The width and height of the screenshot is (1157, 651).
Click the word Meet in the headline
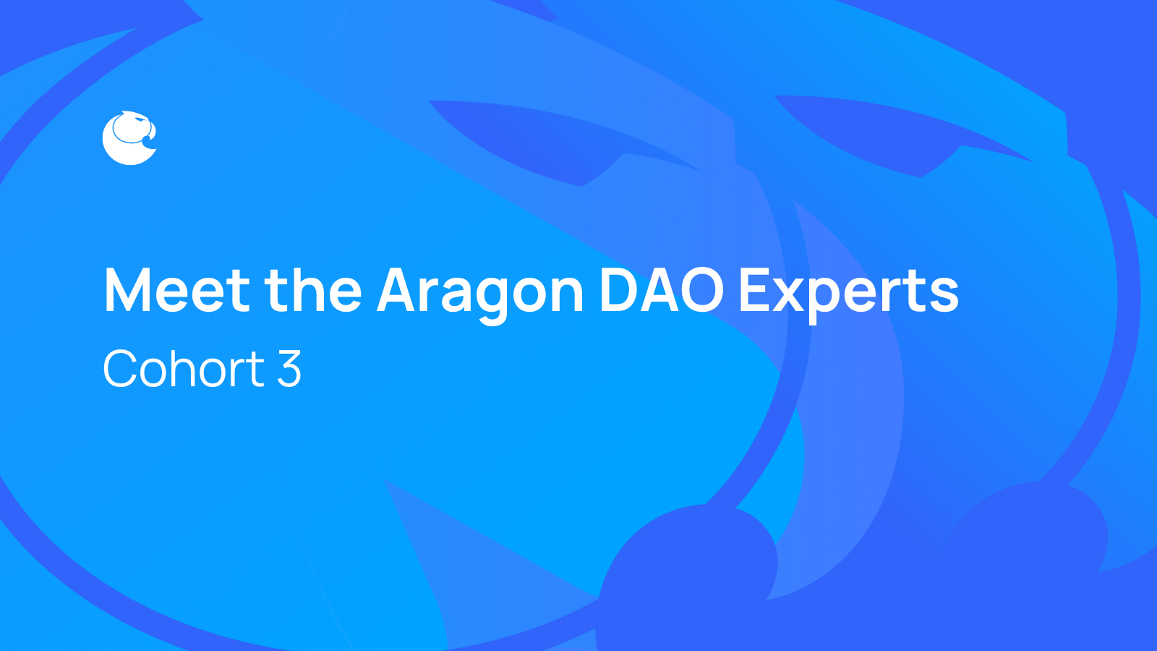click(177, 291)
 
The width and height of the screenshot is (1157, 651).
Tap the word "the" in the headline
click(312, 291)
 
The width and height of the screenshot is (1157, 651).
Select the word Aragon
click(480, 291)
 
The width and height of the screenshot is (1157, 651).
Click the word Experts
click(848, 291)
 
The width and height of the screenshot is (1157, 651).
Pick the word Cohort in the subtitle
click(184, 369)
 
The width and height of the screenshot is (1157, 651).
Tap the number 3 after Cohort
click(289, 369)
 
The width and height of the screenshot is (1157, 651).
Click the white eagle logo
click(129, 138)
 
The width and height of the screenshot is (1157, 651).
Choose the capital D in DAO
click(619, 291)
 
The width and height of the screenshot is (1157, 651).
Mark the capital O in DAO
click(699, 291)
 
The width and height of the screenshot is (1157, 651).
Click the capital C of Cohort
click(121, 369)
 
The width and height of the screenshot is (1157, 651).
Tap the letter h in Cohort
click(194, 369)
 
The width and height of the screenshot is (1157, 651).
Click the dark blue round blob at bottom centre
click(687, 571)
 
